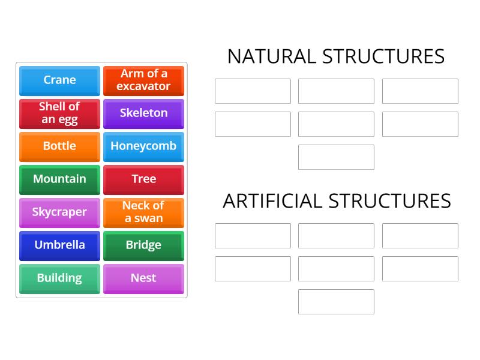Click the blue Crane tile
point(59,80)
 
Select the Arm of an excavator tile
point(143,80)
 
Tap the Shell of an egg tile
point(59,113)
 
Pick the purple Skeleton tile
point(143,113)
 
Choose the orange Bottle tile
point(59,146)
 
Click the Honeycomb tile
point(143,146)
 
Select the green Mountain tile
point(59,179)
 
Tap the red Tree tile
point(143,179)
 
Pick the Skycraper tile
point(59,212)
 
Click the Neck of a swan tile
point(143,212)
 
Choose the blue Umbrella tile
point(59,245)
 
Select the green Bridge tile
point(143,245)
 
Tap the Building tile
point(59,278)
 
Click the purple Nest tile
point(143,278)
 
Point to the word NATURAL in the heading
point(271,56)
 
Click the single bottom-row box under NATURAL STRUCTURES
point(336,157)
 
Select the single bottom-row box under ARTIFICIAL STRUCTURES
point(336,302)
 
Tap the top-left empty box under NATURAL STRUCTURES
point(253,91)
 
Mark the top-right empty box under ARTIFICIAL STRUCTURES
point(420,236)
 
